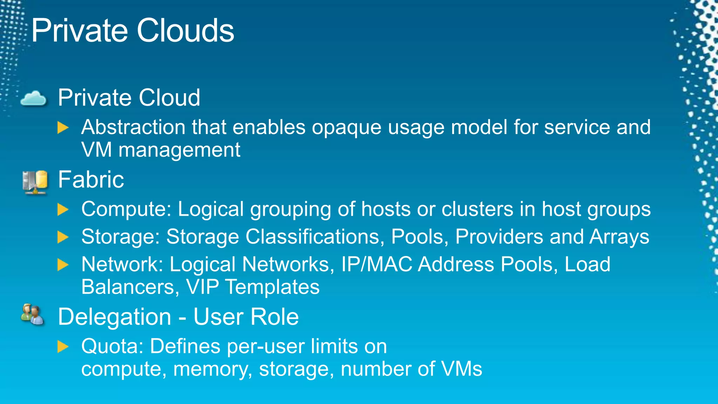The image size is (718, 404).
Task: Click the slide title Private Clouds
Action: (133, 31)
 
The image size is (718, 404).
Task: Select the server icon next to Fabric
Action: (35, 182)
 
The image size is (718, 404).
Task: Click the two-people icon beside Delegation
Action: (32, 315)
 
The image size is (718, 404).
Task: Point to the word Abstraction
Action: (133, 127)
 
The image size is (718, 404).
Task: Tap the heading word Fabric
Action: (91, 180)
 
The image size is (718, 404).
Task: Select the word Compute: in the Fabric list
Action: (126, 210)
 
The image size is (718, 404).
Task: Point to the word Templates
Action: (272, 287)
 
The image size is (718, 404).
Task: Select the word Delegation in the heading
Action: (115, 317)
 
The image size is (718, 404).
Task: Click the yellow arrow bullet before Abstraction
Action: (63, 128)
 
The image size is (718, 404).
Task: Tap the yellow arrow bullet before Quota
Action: (63, 346)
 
